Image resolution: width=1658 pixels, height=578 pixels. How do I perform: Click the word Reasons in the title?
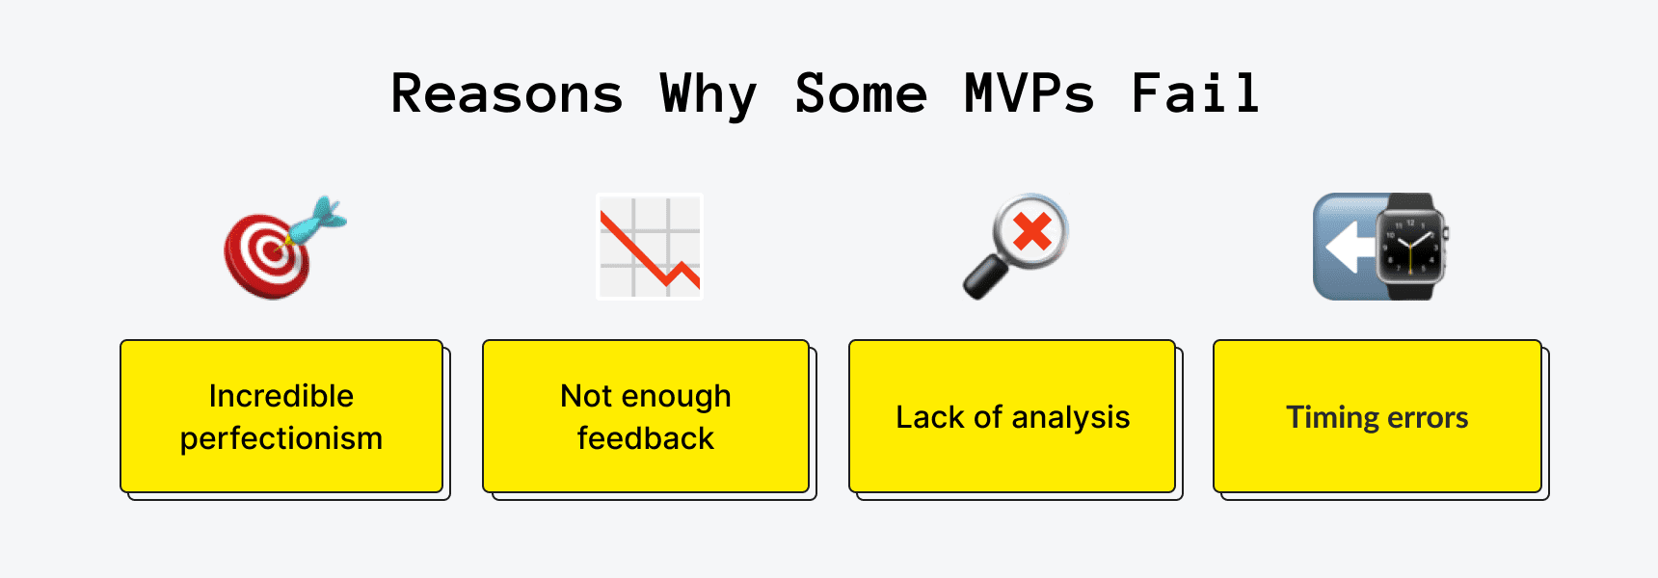point(507,94)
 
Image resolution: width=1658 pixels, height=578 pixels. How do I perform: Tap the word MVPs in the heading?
point(1030,94)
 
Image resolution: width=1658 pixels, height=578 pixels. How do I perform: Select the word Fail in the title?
point(1195,93)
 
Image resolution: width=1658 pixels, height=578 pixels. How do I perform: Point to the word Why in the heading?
point(709,96)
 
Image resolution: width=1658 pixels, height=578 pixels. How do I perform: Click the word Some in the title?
point(861,94)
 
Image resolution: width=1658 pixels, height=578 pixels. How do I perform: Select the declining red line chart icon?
point(650,247)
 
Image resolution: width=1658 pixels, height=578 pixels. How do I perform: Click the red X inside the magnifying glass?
point(1032,231)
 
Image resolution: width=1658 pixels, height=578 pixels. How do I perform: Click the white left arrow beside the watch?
point(1350,248)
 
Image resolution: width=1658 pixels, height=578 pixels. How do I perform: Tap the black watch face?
point(1410,247)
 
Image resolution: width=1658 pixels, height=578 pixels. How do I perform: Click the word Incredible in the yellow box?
point(281,396)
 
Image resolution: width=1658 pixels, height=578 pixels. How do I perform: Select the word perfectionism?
point(281,439)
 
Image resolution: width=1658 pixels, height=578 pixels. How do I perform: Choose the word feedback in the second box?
point(646,438)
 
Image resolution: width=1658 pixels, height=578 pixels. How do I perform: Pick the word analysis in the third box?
point(1071,418)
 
